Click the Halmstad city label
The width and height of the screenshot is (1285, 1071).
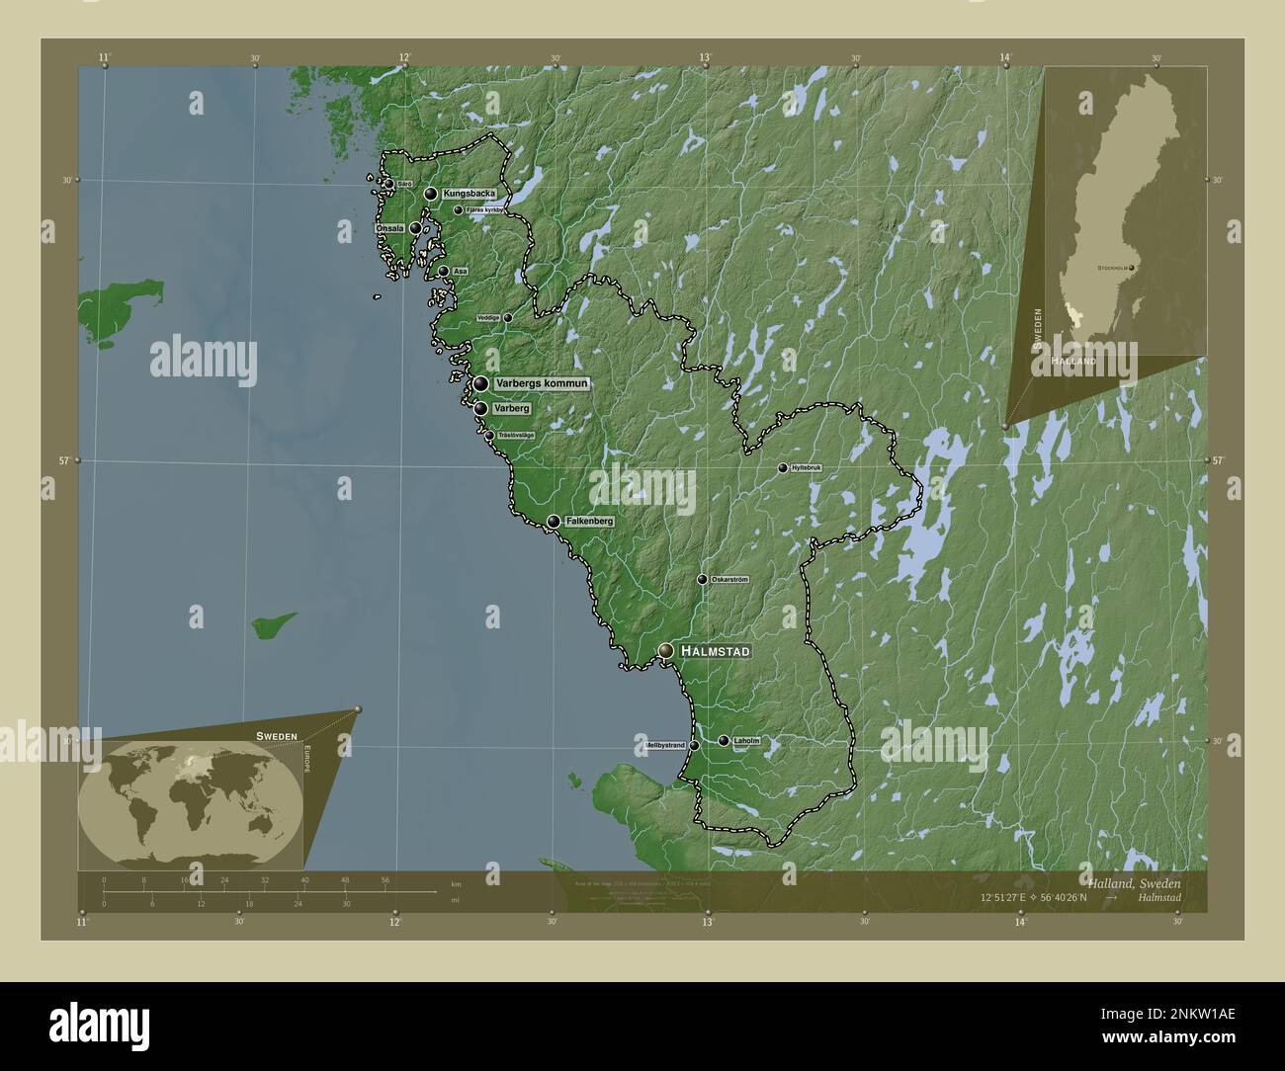coord(717,651)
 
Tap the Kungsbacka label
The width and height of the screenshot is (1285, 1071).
coord(470,194)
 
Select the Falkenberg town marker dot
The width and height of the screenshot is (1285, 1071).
coord(554,521)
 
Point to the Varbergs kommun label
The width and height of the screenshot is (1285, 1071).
coord(543,383)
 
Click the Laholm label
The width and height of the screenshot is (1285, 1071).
coord(746,741)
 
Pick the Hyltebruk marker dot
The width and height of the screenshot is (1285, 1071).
coord(783,467)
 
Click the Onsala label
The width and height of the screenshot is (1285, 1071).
coord(389,228)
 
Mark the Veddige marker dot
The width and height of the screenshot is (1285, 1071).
coord(508,318)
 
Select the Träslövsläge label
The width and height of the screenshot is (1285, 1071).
coord(515,436)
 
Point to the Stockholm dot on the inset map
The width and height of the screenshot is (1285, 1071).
coord(1131,268)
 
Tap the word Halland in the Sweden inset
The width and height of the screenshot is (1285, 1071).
coord(1073,363)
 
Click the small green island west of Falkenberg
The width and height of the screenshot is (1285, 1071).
coord(273,624)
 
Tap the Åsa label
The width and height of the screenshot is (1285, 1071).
coord(460,271)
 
